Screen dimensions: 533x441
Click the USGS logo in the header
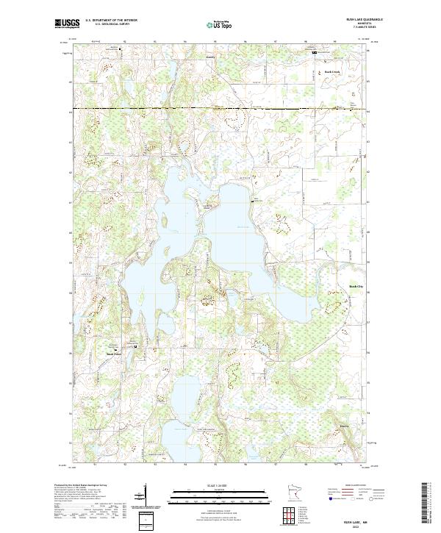tap(67, 24)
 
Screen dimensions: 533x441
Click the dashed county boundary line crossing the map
tap(220, 109)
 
